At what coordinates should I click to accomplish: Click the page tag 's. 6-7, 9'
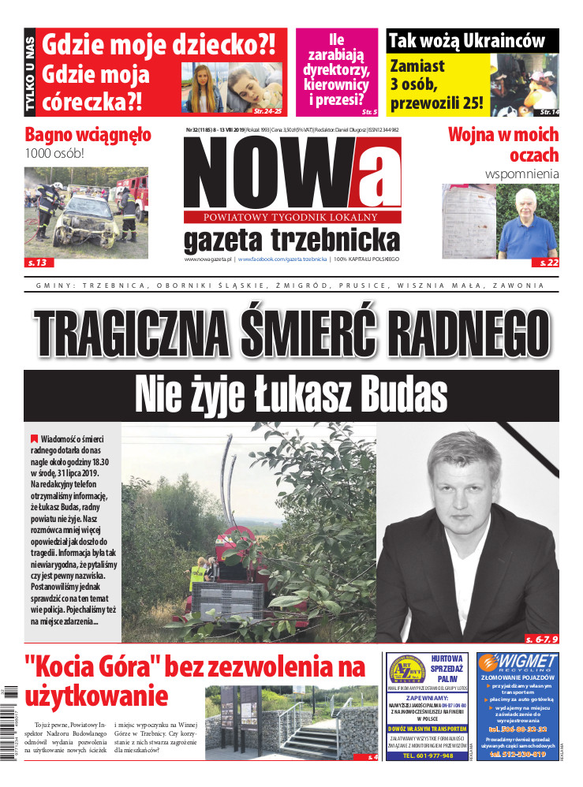pyautogui.click(x=540, y=636)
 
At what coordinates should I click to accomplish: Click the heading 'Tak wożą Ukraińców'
pyautogui.click(x=472, y=40)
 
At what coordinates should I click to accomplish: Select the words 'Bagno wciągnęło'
pyautogui.click(x=88, y=134)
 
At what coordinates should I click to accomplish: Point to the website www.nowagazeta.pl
pyautogui.click(x=207, y=259)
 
